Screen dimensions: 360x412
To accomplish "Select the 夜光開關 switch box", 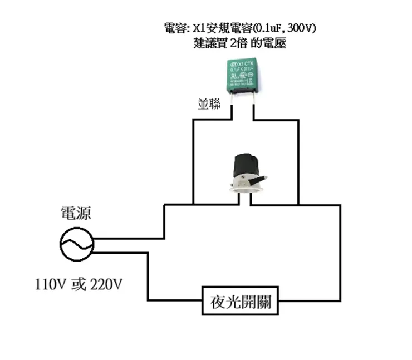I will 241,302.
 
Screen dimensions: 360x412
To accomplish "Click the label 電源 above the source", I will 76,213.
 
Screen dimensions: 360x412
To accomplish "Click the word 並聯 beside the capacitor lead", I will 209,104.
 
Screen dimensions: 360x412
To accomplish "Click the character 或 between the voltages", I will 79,284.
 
